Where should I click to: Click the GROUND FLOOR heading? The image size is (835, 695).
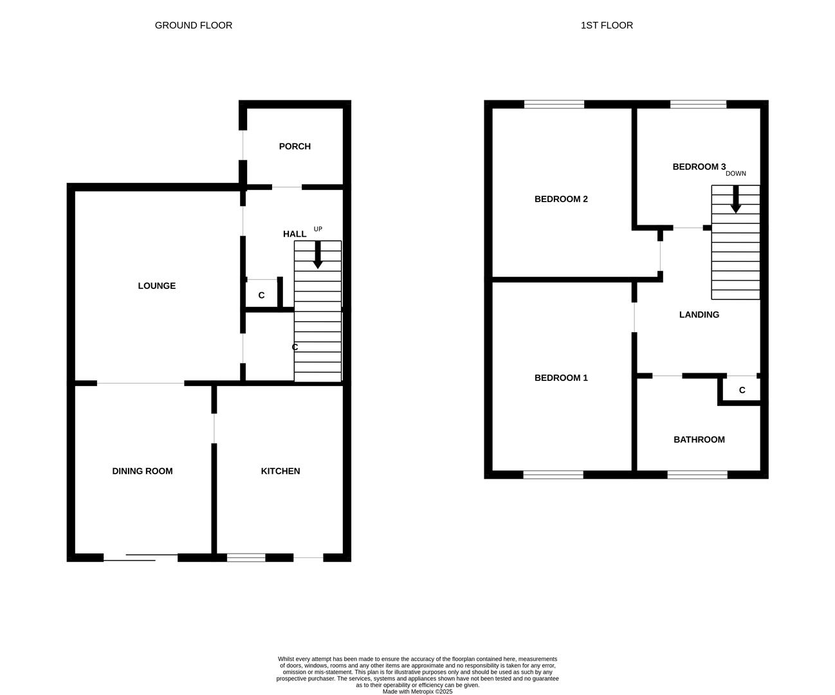(x=193, y=25)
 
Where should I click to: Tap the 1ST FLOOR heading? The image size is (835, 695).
(x=606, y=25)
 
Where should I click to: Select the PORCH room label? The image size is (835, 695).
(x=295, y=147)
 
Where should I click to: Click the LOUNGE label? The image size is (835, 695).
(x=156, y=286)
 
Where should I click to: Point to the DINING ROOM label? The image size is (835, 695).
(x=142, y=471)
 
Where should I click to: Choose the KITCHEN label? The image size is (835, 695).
(x=280, y=471)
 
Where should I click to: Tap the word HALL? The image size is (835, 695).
(x=295, y=234)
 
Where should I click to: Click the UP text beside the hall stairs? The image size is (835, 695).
(x=318, y=229)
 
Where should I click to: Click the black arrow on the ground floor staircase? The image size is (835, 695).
(x=317, y=255)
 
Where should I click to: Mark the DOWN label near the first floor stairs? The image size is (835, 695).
(x=735, y=174)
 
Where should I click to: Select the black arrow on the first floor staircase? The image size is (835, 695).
(x=735, y=199)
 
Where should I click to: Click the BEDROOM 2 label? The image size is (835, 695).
(x=561, y=199)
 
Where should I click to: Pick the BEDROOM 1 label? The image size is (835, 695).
(x=561, y=378)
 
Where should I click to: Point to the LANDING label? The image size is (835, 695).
(x=699, y=315)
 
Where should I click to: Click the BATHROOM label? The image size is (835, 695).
(x=699, y=440)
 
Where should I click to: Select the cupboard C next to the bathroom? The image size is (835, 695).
(x=742, y=390)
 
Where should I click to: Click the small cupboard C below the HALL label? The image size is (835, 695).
(x=261, y=295)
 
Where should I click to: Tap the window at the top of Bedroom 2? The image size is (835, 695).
(x=554, y=104)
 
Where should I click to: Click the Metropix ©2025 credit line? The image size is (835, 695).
(x=417, y=692)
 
